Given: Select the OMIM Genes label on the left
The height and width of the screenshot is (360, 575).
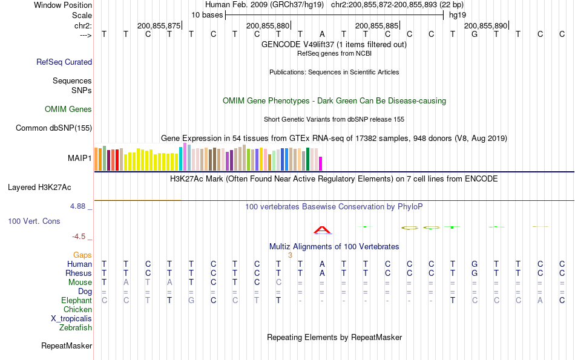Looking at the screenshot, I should click(68, 110).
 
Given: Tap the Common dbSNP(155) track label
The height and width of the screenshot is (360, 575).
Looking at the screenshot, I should click(54, 128).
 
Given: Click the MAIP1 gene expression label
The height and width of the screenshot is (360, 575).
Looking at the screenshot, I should click(80, 159).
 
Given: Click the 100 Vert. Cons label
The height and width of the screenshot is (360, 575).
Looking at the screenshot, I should click(34, 221).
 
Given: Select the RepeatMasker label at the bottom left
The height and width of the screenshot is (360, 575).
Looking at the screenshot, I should click(67, 346).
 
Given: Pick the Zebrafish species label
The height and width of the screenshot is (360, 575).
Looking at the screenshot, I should click(76, 328).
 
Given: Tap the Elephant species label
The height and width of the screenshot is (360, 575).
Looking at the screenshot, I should click(76, 301).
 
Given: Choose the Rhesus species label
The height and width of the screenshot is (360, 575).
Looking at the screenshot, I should click(78, 273).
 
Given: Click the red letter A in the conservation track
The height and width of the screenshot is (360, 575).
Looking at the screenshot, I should click(323, 229).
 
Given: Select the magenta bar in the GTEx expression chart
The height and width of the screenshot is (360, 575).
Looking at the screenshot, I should click(321, 164).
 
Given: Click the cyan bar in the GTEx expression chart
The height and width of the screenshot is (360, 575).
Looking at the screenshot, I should click(180, 159).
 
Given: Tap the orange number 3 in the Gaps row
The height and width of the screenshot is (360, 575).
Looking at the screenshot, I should click(291, 255).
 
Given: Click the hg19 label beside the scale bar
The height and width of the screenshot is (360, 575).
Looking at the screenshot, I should click(458, 15).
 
